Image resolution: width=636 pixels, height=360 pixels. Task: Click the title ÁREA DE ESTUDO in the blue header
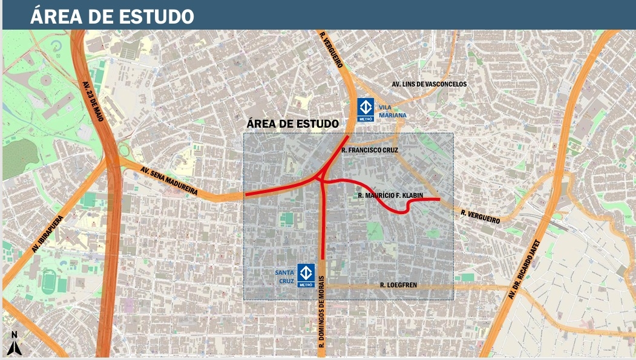coord(112,16)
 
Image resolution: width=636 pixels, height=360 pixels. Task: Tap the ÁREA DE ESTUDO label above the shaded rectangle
coord(293,123)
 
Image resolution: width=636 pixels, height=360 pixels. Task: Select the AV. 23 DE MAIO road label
coord(93,101)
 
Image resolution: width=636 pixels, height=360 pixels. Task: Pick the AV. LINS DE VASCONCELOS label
coord(429,84)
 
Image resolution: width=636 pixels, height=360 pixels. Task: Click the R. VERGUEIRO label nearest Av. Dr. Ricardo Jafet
coord(480,217)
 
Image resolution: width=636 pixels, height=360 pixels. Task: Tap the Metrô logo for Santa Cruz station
coord(306,275)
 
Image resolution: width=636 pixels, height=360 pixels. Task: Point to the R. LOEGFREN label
coord(399,284)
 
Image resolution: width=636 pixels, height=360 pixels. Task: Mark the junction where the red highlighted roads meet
coord(320,177)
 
